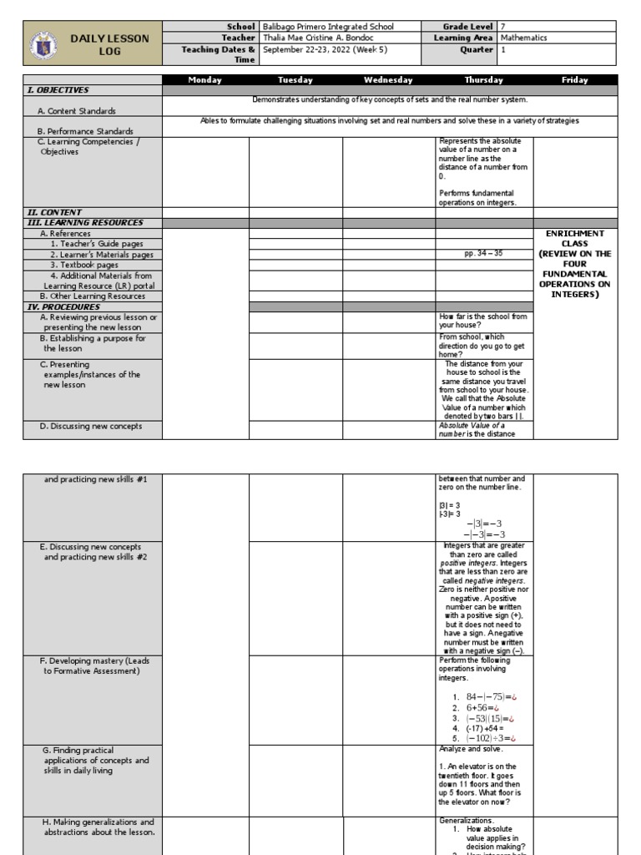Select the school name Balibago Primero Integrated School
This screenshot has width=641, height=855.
pos(327,27)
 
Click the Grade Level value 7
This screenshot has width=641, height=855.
pos(502,27)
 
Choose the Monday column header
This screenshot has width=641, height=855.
pos(205,80)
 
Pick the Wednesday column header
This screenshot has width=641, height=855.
pos(388,80)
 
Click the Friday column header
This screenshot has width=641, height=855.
pos(574,80)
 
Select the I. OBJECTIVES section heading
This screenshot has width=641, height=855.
pos(58,90)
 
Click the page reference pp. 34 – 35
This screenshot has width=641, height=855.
pos(484,254)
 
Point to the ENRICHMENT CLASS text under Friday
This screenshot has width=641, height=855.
pos(574,238)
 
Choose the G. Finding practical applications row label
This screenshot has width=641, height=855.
pos(96,761)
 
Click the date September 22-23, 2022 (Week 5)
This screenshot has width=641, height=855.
pos(327,48)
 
